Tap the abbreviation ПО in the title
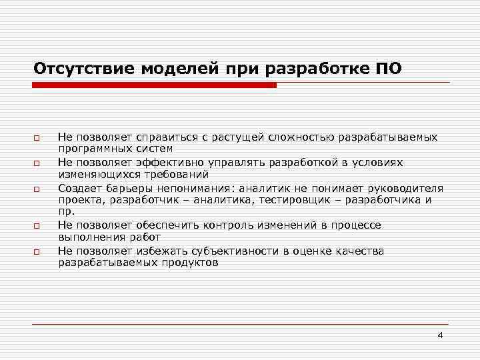click(x=389, y=69)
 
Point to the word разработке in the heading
click(x=319, y=69)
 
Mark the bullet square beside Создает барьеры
click(x=37, y=189)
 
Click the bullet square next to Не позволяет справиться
click(x=37, y=138)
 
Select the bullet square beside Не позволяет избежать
click(x=37, y=252)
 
